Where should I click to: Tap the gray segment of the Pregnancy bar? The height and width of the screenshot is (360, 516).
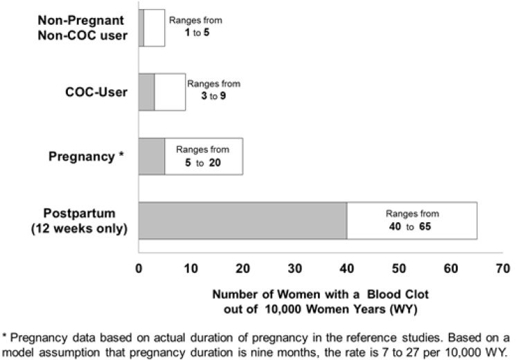152,156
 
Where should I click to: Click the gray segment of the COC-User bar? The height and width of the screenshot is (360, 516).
146,92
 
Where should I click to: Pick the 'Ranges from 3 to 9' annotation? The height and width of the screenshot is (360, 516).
213,89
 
